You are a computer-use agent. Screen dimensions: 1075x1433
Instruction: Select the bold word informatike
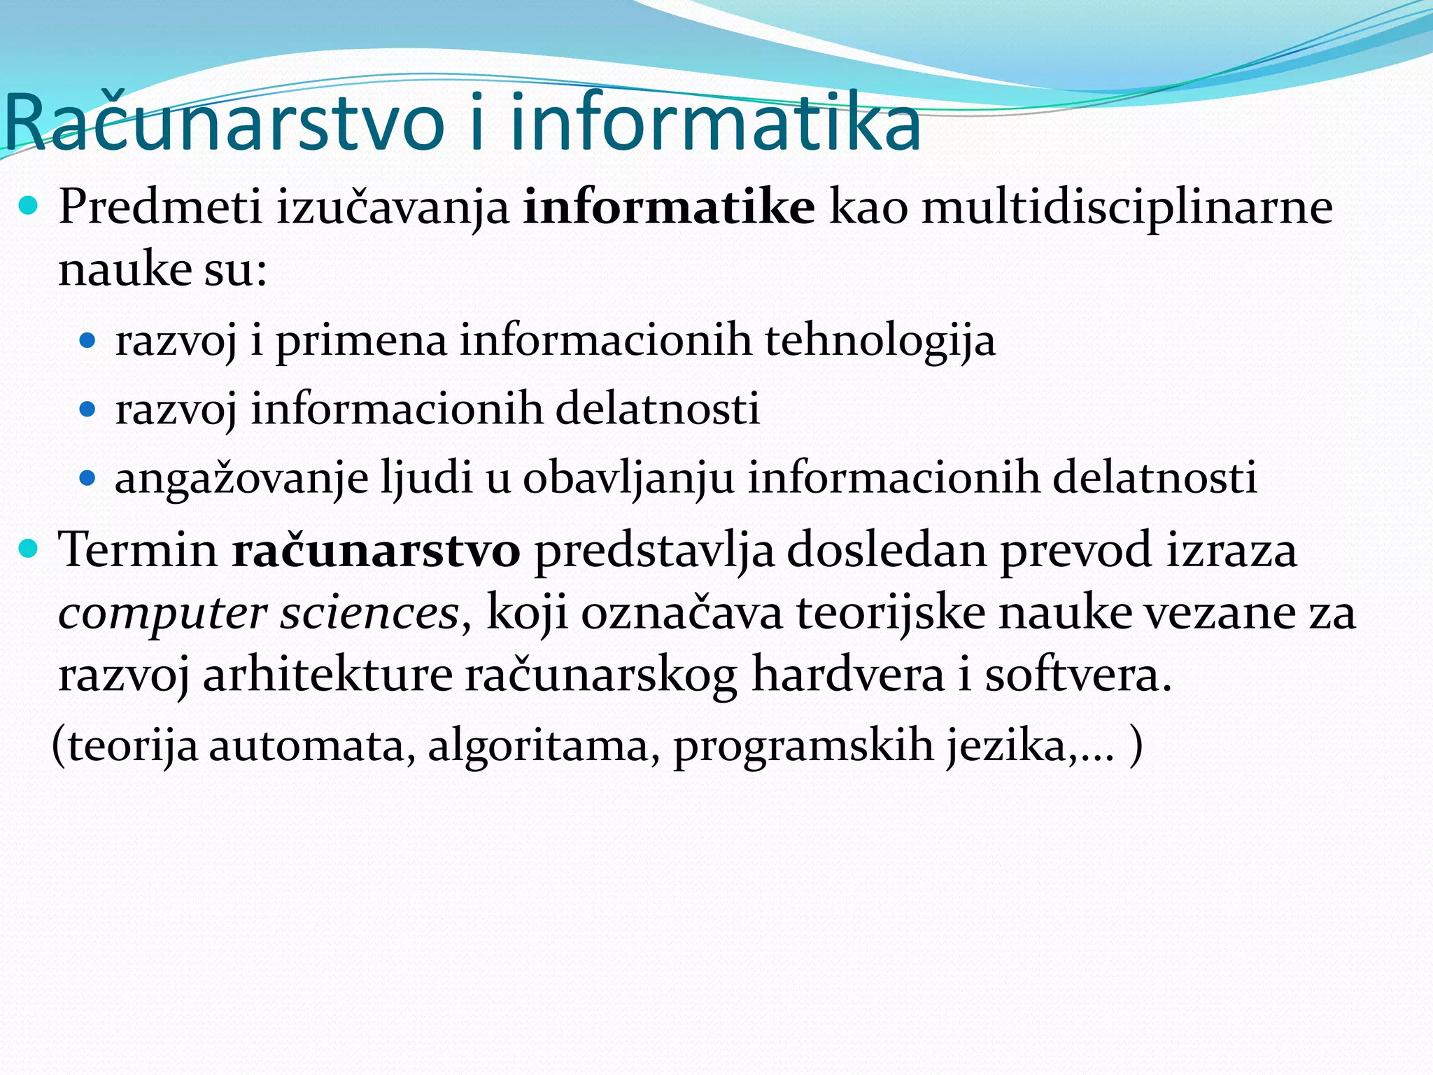coord(669,207)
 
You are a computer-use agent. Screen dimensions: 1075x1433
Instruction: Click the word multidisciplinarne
coord(1127,209)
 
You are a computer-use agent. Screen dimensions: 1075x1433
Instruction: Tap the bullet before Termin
coord(29,549)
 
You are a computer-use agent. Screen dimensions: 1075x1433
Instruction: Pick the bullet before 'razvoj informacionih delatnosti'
coord(87,409)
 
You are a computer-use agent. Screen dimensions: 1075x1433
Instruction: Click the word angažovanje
coord(241,479)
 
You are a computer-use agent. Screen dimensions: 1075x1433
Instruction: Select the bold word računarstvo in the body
coord(376,550)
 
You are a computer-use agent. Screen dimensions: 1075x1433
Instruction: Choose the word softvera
coord(1078,675)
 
